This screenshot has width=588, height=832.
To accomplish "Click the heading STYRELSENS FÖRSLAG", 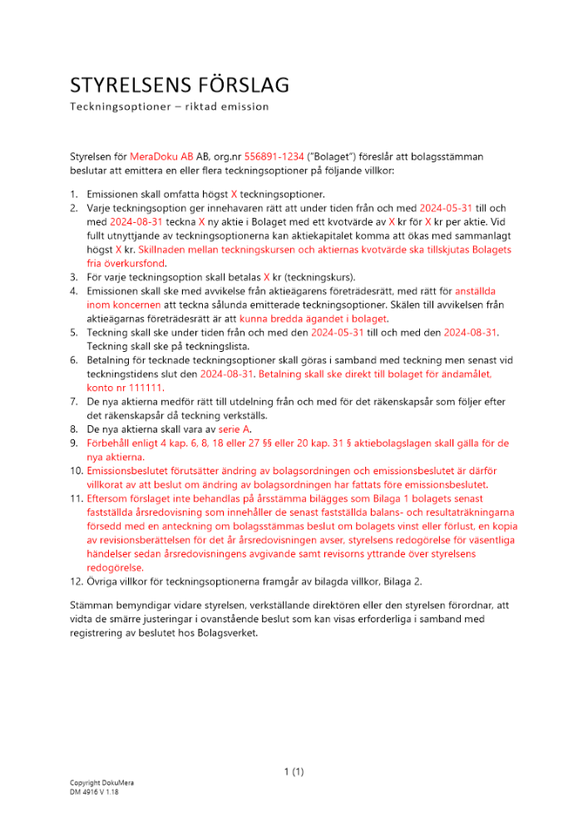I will tap(179, 85).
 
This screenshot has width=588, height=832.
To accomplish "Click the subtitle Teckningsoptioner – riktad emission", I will tap(169, 107).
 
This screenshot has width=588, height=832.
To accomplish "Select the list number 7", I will tap(73, 402).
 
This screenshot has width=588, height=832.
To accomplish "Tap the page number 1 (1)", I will tap(294, 772).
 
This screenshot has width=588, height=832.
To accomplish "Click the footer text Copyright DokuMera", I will tap(101, 784).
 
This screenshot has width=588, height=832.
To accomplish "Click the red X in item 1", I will tap(234, 193).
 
